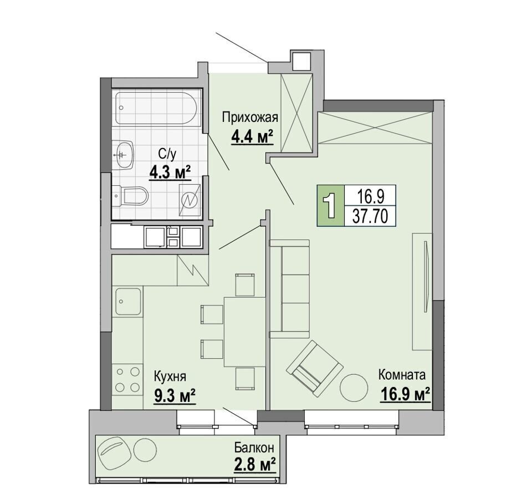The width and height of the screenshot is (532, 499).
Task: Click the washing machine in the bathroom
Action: point(190,200)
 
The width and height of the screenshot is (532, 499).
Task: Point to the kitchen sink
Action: point(128,301)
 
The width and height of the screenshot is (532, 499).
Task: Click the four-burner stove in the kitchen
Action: point(127,379)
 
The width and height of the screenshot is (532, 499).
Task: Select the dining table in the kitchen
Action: point(244,332)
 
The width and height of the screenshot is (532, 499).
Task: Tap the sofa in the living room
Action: point(289,289)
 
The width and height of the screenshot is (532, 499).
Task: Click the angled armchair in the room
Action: point(315,369)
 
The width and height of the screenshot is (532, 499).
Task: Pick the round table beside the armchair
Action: point(354,388)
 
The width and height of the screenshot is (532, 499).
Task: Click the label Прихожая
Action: point(250,118)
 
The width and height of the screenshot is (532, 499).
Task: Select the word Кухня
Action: point(170,376)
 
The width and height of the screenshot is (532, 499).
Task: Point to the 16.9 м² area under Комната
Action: point(406,394)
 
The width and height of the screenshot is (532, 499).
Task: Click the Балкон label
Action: point(254,448)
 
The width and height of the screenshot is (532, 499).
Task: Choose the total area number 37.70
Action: point(370,216)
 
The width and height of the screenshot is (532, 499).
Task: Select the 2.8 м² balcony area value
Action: point(254,465)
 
